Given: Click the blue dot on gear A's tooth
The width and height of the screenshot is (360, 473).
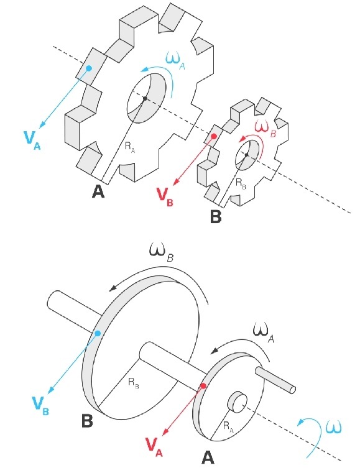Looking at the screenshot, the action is pos(89,68).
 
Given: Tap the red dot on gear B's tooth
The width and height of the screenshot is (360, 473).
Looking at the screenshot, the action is pos(214,137).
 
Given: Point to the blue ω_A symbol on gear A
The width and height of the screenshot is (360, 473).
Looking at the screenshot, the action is pos(175,62).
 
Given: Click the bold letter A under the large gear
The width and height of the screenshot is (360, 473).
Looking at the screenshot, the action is pos(98,191).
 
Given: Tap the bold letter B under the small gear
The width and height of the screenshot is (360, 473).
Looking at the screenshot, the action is pos(216,216).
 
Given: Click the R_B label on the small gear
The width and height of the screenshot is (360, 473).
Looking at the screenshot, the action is pos(241,183).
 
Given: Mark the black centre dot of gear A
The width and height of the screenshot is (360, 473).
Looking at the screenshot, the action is pos(145,99).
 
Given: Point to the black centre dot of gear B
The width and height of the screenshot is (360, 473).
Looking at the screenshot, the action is pos(247,155).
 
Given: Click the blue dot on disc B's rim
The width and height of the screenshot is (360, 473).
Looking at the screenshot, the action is pos(98,333).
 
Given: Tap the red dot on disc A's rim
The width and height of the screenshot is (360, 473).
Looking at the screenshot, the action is pos(203,386).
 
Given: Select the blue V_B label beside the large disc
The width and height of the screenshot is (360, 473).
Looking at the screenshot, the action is pos(40,406).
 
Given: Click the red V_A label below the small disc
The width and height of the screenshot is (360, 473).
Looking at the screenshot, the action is pos(154,447).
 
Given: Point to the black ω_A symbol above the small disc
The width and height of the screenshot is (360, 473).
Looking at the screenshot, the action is pos(263,333).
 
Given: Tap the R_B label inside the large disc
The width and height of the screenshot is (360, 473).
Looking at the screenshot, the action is pos(134,382).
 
